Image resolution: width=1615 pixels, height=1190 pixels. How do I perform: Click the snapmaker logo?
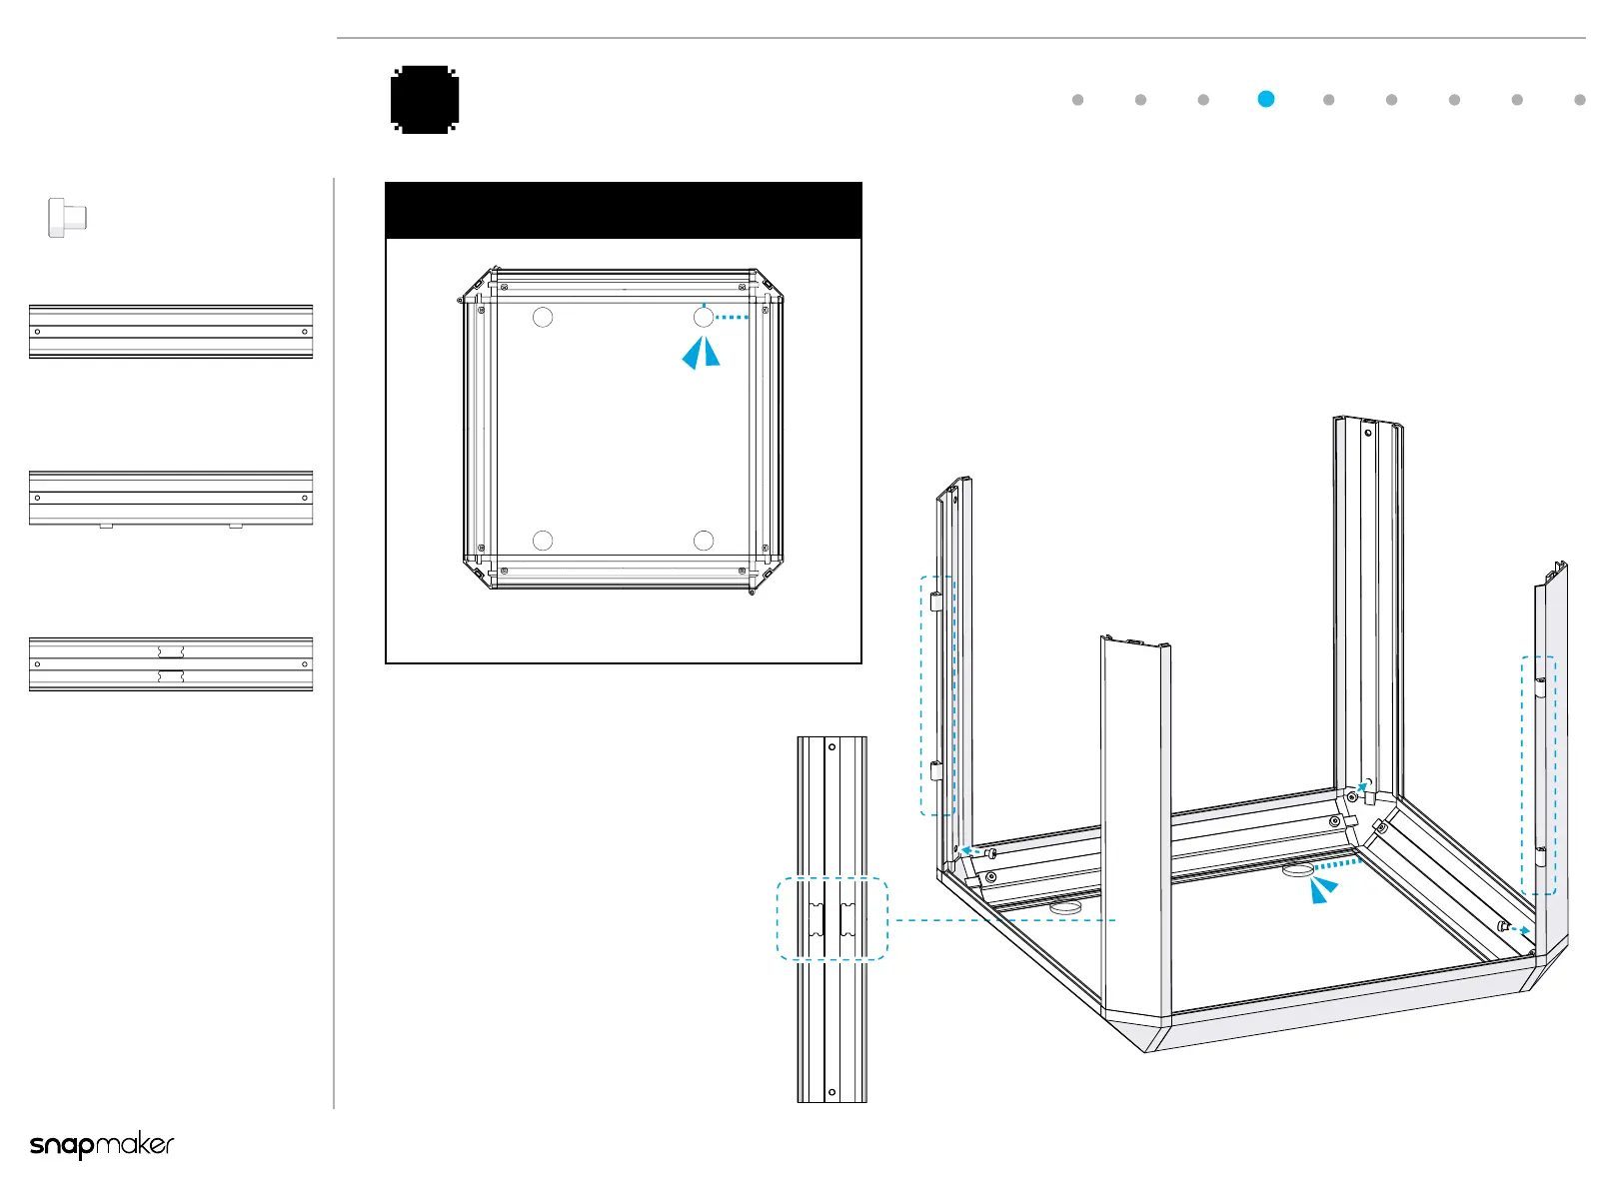pos(102,1145)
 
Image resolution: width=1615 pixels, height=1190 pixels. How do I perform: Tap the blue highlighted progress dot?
pos(1266,99)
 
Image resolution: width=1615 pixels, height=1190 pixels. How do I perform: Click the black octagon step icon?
pos(425,100)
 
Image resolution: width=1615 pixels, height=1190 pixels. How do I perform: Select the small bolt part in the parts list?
pos(68,217)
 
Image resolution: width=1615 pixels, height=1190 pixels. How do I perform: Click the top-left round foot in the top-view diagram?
pos(543,318)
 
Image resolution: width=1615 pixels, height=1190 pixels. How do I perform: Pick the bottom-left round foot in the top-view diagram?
pos(543,541)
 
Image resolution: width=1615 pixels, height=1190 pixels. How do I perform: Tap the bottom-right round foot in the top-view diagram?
pos(704,541)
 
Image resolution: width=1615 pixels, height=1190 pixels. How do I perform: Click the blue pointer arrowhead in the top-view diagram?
pos(701,353)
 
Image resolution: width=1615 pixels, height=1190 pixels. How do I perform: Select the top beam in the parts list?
pos(171,332)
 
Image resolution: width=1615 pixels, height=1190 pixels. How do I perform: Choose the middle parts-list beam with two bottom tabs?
pos(171,498)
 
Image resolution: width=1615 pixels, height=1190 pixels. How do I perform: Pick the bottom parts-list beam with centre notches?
pos(171,664)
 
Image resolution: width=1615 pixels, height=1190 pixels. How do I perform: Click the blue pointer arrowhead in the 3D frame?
pos(1323,888)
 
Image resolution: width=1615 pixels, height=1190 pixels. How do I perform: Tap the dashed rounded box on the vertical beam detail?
pos(832,919)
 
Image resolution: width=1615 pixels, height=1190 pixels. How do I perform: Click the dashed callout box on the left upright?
pos(937,695)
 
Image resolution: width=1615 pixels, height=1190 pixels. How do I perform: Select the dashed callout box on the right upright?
pos(1539,774)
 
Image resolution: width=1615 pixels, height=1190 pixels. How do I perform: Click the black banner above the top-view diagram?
pos(624,211)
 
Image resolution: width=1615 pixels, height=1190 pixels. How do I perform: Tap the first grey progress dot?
pos(1077,100)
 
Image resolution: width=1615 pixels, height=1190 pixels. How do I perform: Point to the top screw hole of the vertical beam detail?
pos(831,747)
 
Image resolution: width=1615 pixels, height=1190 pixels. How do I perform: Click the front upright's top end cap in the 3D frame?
pos(1135,642)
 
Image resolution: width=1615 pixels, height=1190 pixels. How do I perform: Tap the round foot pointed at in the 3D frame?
pos(1297,870)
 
